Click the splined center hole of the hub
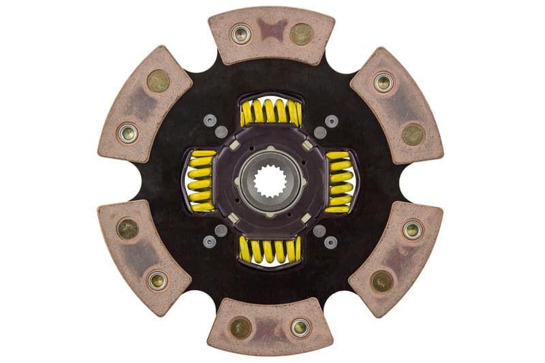coord(270,181)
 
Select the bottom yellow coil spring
coord(270,250)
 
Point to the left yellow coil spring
coord(200,181)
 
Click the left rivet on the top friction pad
coord(240,34)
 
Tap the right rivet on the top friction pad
coord(301,33)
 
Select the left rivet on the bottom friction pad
coord(240,328)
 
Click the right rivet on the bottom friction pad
coord(300,328)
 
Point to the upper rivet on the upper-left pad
coord(158,81)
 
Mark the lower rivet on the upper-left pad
coord(127,133)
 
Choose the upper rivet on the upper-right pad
coord(384,82)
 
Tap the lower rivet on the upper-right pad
coord(414,134)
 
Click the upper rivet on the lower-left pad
coord(127,229)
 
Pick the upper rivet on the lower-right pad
coord(413,229)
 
